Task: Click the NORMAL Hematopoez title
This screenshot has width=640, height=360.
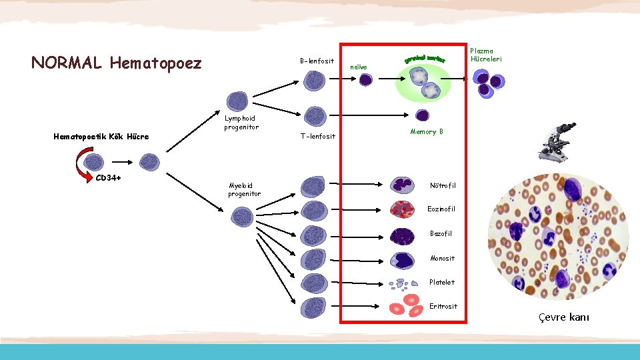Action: [x=116, y=63]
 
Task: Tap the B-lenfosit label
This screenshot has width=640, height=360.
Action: [x=317, y=61]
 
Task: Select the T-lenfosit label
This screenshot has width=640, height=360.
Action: [x=318, y=136]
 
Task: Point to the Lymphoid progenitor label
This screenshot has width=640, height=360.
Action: [x=241, y=123]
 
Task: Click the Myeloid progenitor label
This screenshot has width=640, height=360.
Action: [x=244, y=189]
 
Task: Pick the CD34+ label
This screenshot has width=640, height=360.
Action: [x=108, y=177]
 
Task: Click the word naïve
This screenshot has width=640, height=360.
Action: [x=359, y=67]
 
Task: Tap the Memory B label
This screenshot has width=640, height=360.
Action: [x=427, y=132]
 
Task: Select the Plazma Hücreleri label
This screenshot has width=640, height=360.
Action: [x=486, y=55]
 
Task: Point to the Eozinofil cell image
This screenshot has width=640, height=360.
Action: [x=403, y=210]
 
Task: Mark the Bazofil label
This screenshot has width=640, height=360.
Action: [x=441, y=233]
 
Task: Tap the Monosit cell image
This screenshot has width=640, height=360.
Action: [x=403, y=259]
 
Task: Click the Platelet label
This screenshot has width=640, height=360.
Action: [x=442, y=282]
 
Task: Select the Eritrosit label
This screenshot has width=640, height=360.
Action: [x=443, y=306]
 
